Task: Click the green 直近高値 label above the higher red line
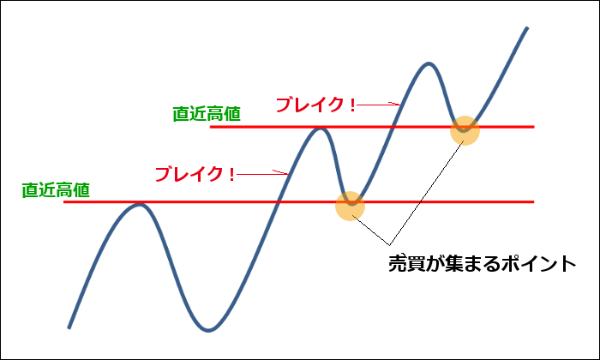click(207, 114)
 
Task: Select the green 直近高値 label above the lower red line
click(56, 189)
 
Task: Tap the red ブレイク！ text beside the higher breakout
click(315, 105)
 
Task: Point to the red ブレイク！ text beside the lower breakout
click(195, 174)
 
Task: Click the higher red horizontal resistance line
click(372, 127)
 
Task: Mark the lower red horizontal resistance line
click(298, 201)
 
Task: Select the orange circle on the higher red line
click(465, 130)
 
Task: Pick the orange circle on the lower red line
click(350, 207)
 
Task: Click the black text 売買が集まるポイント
click(482, 264)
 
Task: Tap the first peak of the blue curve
click(140, 205)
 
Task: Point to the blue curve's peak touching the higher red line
click(321, 129)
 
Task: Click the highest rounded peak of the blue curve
click(429, 63)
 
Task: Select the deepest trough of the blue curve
click(208, 330)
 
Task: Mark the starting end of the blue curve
click(69, 328)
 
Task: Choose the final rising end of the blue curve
click(527, 27)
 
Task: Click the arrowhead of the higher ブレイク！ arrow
click(398, 104)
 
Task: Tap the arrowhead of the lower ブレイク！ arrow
click(285, 174)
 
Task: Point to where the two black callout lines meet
click(389, 244)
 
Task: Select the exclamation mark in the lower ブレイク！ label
click(231, 175)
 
